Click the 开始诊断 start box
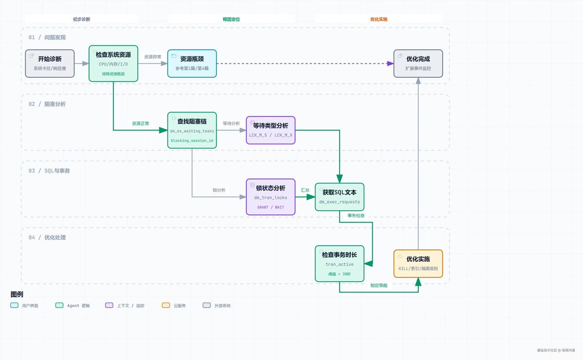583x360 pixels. tap(50, 64)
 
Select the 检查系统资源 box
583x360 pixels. tap(113, 64)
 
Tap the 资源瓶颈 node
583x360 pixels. tap(192, 64)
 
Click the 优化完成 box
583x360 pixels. tap(418, 64)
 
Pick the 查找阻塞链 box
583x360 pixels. tap(192, 130)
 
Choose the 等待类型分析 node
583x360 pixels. tap(271, 130)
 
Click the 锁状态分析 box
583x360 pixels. tap(271, 197)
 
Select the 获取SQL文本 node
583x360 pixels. tap(340, 197)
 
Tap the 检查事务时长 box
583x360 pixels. tap(340, 263)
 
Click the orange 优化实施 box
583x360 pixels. tap(418, 263)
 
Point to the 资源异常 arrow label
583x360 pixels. tap(153, 57)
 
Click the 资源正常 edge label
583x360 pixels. tap(140, 123)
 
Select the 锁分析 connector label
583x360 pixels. tap(219, 190)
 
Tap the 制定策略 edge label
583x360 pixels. tap(379, 285)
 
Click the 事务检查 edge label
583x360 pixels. tap(356, 216)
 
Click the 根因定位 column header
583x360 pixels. tap(231, 19)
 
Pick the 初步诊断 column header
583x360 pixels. tap(82, 19)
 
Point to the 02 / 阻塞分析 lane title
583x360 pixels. tap(47, 104)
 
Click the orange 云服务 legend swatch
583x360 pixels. tap(166, 305)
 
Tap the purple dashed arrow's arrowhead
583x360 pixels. tap(390, 64)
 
